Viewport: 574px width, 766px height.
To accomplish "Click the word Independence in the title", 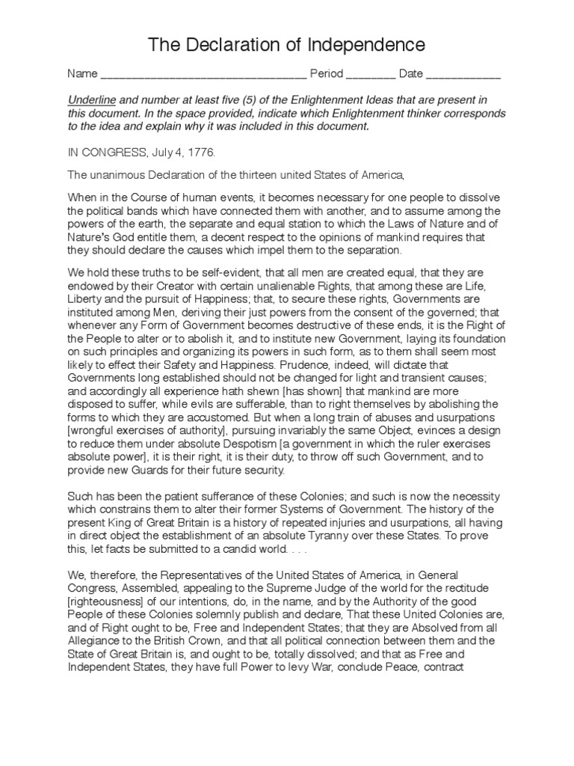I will pyautogui.click(x=365, y=45).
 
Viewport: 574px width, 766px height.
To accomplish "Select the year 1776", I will pyautogui.click(x=200, y=152).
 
